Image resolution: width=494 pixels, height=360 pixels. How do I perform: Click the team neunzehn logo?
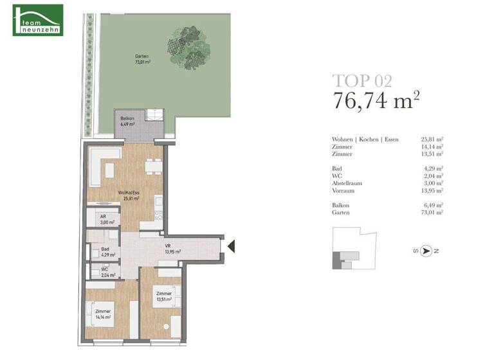(x=38, y=20)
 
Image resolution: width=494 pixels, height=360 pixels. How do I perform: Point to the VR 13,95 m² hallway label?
(x=171, y=249)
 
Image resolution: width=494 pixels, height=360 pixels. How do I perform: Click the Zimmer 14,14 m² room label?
(x=103, y=314)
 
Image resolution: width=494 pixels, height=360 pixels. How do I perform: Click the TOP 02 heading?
(x=361, y=81)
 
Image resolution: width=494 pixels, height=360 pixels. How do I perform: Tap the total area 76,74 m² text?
(x=376, y=100)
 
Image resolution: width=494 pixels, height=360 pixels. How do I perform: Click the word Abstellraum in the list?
(x=347, y=183)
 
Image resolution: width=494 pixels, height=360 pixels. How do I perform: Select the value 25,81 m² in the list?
(x=432, y=139)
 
